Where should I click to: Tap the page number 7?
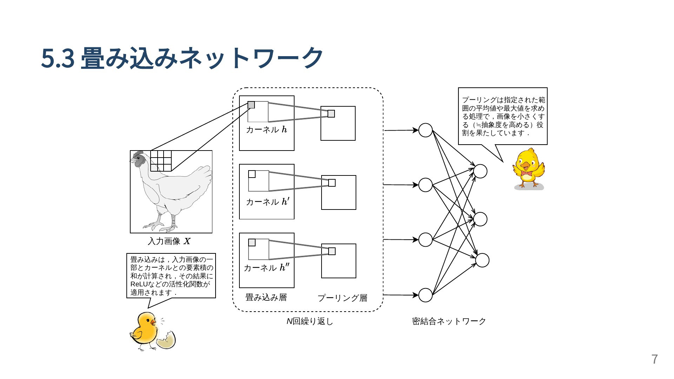[654, 359]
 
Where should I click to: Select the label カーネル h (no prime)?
[266, 129]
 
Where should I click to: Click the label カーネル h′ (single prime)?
[267, 201]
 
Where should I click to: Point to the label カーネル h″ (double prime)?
[267, 268]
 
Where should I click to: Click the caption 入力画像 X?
[169, 241]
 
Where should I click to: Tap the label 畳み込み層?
[266, 298]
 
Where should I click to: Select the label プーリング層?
[342, 298]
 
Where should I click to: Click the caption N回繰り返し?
[310, 321]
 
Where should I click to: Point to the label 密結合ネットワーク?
[449, 321]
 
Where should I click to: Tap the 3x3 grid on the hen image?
[161, 161]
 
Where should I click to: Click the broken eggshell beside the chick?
[166, 340]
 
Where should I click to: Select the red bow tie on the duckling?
[527, 173]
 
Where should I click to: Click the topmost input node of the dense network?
[425, 130]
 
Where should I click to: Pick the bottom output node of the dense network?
[482, 260]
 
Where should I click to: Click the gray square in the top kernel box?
[251, 105]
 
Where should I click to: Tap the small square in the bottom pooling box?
[332, 251]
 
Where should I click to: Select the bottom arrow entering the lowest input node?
[401, 295]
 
